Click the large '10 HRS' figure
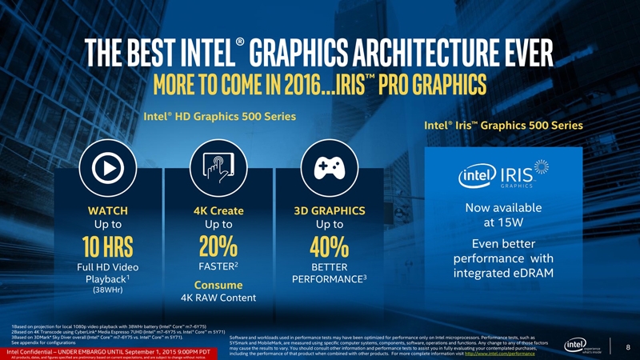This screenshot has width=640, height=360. pyautogui.click(x=107, y=243)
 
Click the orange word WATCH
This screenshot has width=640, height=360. pyautogui.click(x=107, y=210)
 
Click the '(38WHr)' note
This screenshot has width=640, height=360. pyautogui.click(x=107, y=291)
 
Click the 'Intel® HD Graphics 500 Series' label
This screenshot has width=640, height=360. pyautogui.click(x=219, y=116)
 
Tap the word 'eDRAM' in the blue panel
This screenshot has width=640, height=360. pyautogui.click(x=534, y=274)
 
